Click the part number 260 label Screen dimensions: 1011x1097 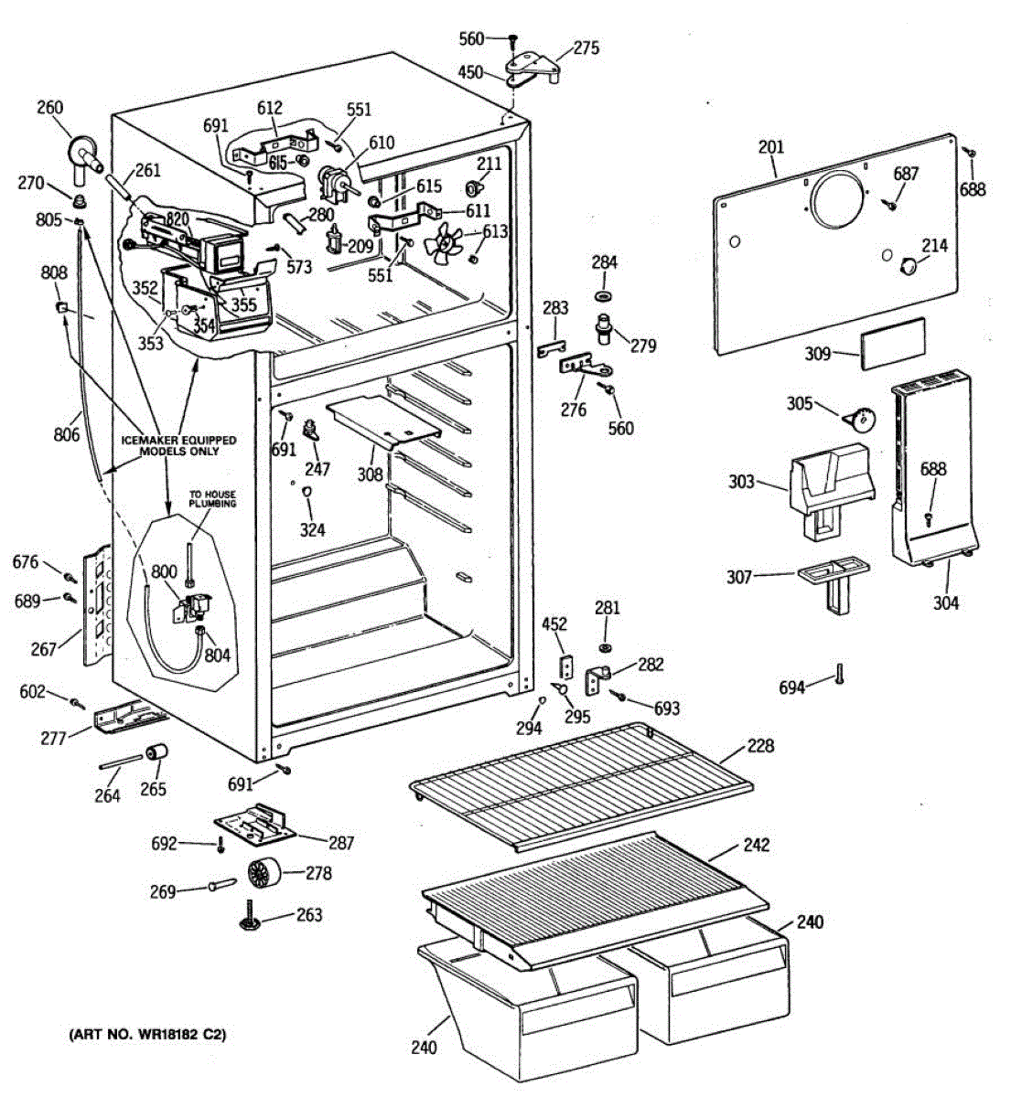[x=49, y=107]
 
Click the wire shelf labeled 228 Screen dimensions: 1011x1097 [x=581, y=788]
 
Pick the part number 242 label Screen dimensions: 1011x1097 [x=757, y=846]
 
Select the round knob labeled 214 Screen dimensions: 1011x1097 [x=909, y=267]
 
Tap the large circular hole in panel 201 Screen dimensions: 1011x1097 [x=837, y=200]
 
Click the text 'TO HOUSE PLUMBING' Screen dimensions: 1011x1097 [x=213, y=499]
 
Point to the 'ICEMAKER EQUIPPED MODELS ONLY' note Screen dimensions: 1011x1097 [x=179, y=446]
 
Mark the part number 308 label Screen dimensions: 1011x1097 [x=370, y=474]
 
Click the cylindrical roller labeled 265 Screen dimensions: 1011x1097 [x=156, y=752]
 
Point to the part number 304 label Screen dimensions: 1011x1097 [x=946, y=603]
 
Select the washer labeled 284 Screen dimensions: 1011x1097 [x=604, y=296]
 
